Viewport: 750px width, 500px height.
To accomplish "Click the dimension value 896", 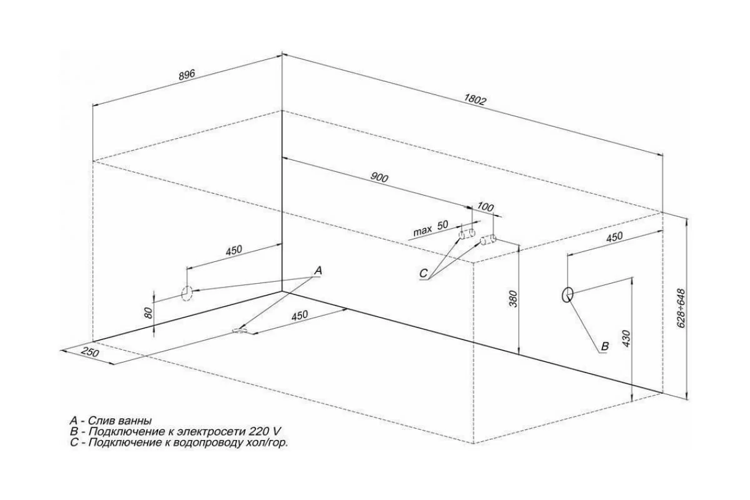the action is [x=186, y=75].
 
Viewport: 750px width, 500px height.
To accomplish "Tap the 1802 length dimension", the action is [x=474, y=99].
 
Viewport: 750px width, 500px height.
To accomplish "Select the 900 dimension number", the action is [x=379, y=178].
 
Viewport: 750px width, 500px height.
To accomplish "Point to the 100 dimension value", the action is [x=485, y=207].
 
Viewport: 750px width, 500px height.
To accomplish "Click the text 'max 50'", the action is [x=431, y=228].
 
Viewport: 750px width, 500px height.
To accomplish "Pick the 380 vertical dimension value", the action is [x=513, y=299].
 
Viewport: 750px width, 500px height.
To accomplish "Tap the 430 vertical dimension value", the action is [x=626, y=339].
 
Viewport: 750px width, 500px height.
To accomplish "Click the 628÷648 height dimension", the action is [x=681, y=308].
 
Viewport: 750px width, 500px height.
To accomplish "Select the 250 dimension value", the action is [x=90, y=352].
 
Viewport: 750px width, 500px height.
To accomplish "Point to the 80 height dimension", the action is [x=149, y=312].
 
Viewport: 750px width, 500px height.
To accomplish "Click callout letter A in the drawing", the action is [x=318, y=271].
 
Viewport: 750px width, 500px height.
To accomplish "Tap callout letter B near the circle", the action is [x=605, y=346].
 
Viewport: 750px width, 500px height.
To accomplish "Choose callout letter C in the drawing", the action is [x=424, y=274].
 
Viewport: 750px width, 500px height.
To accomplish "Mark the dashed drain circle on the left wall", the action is [x=187, y=294].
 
